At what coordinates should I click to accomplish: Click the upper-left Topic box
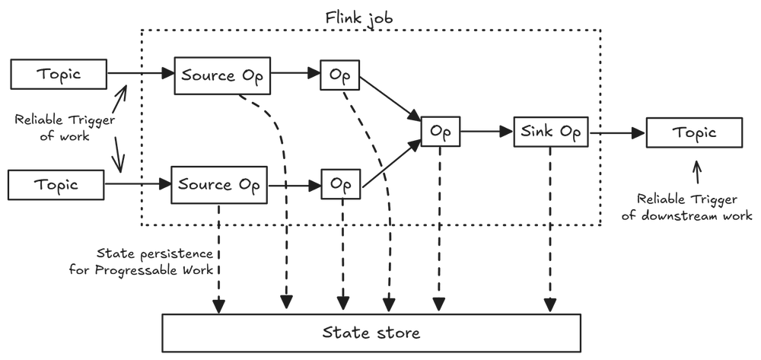[58, 75]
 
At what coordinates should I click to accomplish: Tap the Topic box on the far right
[693, 133]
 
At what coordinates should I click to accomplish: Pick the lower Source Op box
[219, 184]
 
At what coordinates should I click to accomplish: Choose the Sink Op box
[551, 132]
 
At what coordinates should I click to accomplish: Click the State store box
[371, 333]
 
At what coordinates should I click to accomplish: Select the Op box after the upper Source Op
[339, 75]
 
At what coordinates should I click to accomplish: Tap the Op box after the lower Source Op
[339, 184]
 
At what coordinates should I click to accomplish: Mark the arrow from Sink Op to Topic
[616, 133]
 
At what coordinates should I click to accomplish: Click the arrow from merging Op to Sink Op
[486, 132]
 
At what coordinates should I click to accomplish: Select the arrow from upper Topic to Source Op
[140, 75]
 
